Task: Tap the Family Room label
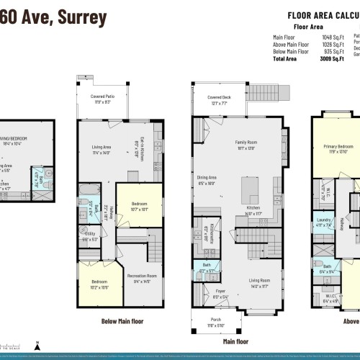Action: pyautogui.click(x=246, y=142)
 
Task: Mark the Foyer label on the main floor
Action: pyautogui.click(x=220, y=292)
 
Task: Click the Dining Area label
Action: pyautogui.click(x=207, y=177)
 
